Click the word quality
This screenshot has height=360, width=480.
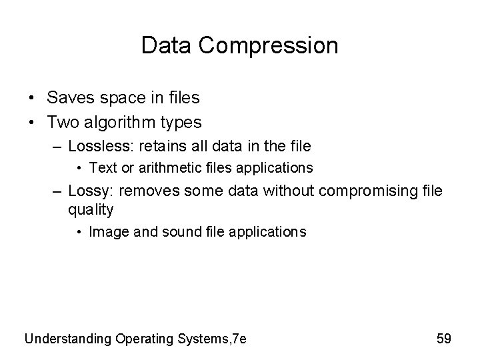tap(91, 211)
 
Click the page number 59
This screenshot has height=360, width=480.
tap(443, 339)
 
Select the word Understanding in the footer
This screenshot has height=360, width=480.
tap(69, 339)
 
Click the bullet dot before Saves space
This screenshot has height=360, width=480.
tap(32, 99)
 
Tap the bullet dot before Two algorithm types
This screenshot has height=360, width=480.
tap(32, 123)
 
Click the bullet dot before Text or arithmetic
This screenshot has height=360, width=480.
tap(80, 167)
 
